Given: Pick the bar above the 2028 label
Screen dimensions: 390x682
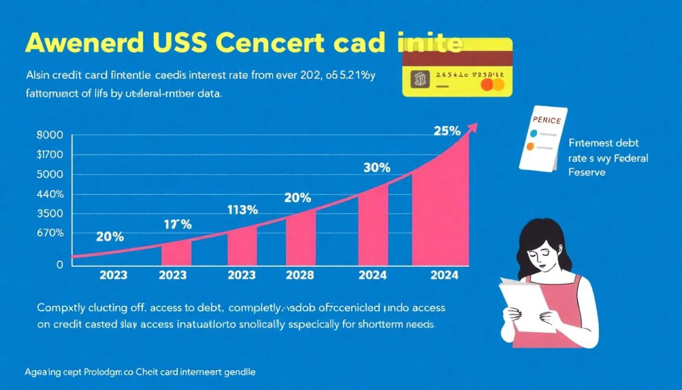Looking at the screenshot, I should pyautogui.click(x=300, y=238).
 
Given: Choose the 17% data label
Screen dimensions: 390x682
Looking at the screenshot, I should pyautogui.click(x=177, y=225).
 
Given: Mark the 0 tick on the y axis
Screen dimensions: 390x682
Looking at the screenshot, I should pyautogui.click(x=59, y=264).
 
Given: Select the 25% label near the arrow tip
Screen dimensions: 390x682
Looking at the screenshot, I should pyautogui.click(x=446, y=131).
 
